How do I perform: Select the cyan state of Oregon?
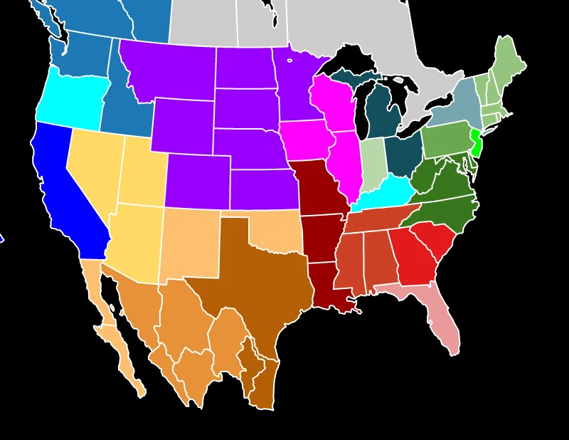[71, 100]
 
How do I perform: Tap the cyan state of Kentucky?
[384, 192]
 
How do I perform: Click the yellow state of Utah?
[142, 171]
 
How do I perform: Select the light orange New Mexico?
[192, 242]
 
